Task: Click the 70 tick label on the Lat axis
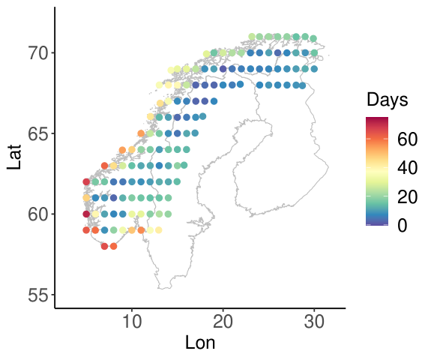point(38,52)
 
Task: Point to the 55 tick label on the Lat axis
point(38,295)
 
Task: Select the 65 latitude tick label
point(38,133)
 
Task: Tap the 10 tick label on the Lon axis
point(132,321)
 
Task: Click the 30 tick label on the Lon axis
point(314,321)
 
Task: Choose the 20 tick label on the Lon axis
point(223,321)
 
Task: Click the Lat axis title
point(14,157)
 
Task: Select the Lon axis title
point(200,343)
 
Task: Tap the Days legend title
point(388,100)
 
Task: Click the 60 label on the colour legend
point(407,139)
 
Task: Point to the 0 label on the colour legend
point(402,225)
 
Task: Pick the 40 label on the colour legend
point(407,167)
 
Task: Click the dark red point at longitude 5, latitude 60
point(86,214)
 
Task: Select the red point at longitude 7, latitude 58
point(104,246)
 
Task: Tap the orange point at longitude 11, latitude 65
point(141,133)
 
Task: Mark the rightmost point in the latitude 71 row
point(313,38)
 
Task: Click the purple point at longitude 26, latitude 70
point(277,52)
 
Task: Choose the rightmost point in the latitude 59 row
point(159,230)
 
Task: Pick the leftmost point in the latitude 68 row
point(159,85)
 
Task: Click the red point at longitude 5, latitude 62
point(86,181)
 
